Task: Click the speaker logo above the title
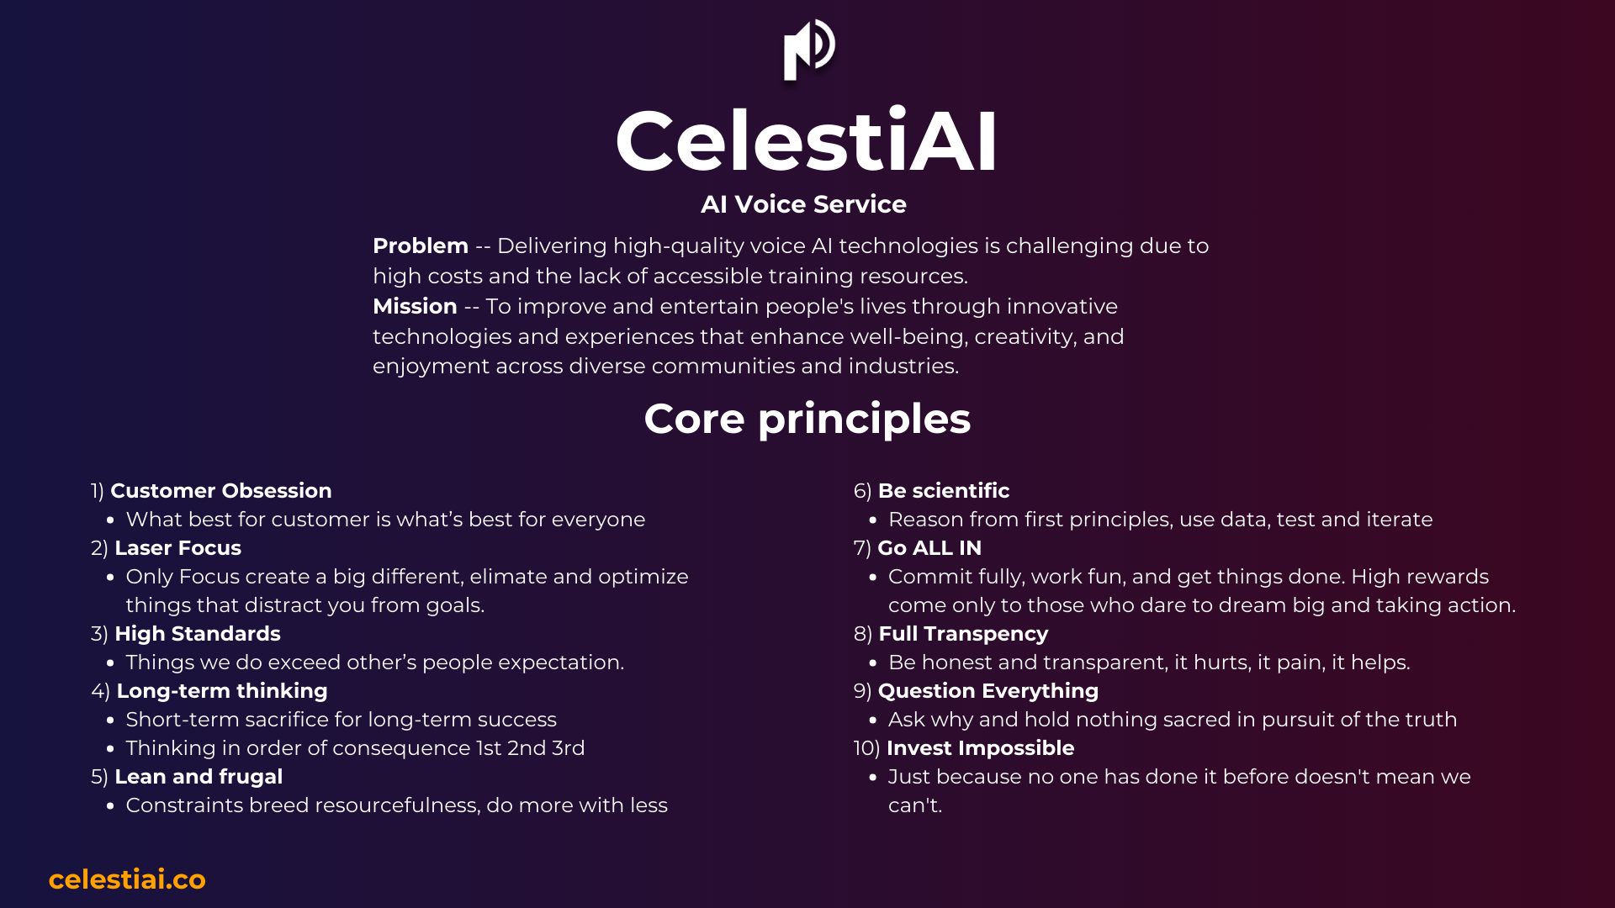click(809, 50)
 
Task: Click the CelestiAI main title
click(807, 141)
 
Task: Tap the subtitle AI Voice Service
click(803, 204)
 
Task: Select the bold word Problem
click(421, 245)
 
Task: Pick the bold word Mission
click(415, 306)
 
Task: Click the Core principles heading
click(807, 419)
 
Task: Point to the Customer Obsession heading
click(221, 491)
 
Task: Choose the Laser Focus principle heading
click(177, 548)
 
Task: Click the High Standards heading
click(198, 634)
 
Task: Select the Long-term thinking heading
click(222, 691)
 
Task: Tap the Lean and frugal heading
click(199, 777)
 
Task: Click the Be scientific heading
click(944, 491)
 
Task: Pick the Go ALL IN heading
click(929, 548)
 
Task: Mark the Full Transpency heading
click(963, 634)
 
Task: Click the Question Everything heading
click(988, 691)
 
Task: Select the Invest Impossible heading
click(981, 748)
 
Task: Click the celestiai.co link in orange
click(127, 879)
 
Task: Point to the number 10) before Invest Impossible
click(866, 748)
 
